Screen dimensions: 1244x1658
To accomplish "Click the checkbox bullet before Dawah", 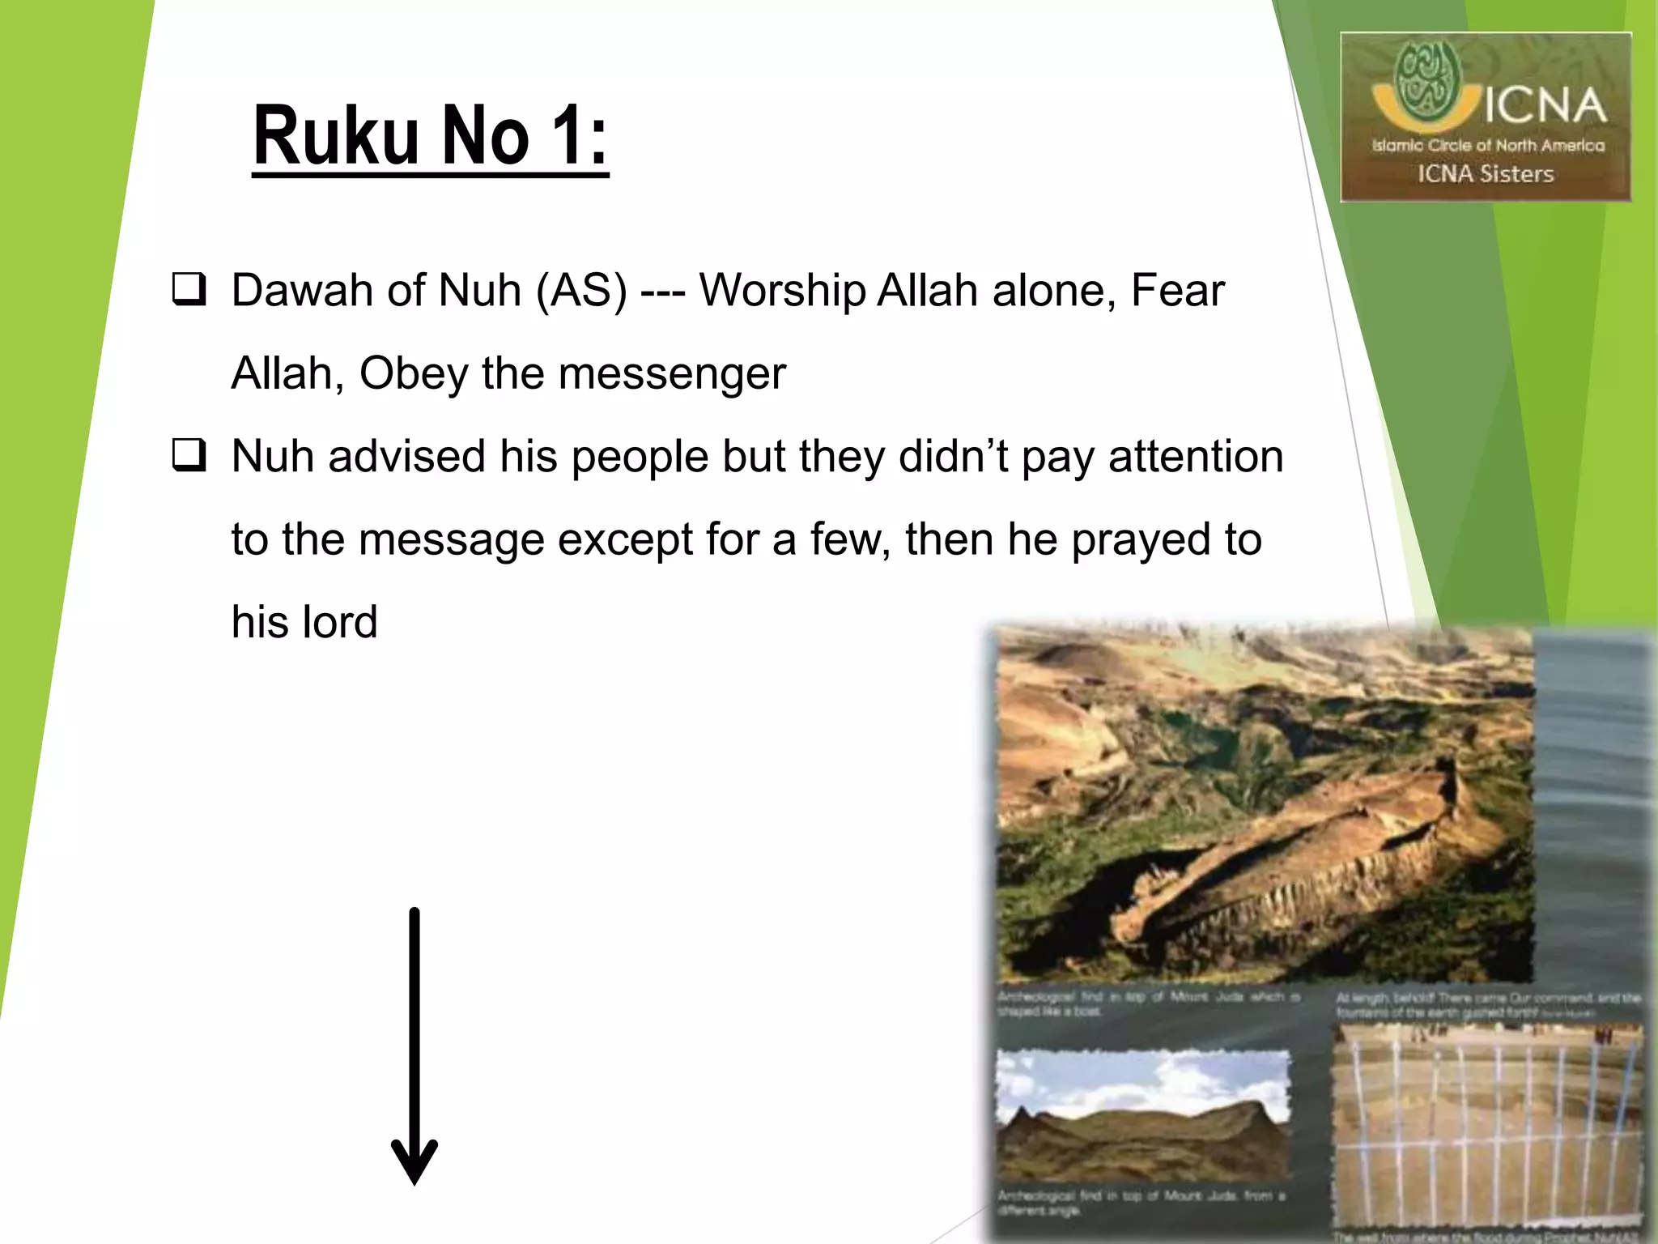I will click(x=189, y=290).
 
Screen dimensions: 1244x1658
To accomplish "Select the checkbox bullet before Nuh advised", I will click(x=189, y=455).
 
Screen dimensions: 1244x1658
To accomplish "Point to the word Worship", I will click(x=782, y=292).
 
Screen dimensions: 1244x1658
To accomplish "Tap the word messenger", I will click(x=672, y=374).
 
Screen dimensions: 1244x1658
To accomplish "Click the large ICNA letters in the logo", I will click(x=1544, y=108).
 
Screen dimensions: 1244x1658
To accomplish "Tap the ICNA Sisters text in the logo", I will click(x=1486, y=174).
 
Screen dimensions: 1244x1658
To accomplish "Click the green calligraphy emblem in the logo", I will click(x=1428, y=79).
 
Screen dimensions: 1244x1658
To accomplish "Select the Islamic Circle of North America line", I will click(x=1487, y=146).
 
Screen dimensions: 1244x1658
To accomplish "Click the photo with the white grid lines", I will click(x=1487, y=1126).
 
